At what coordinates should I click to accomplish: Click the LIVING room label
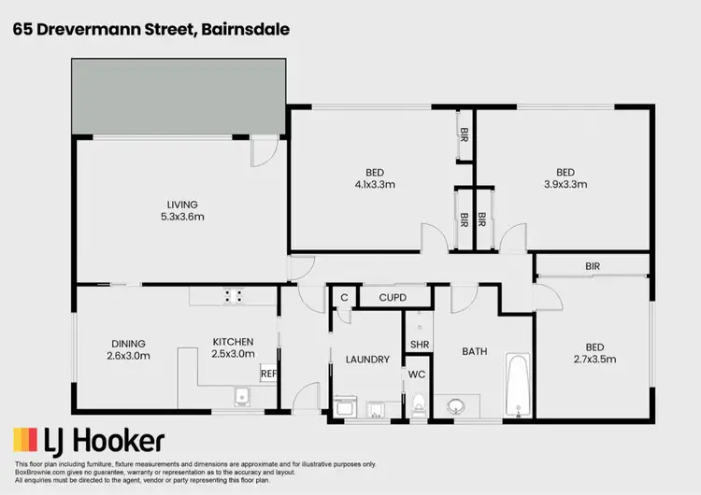(x=182, y=205)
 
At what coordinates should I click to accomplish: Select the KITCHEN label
(x=233, y=342)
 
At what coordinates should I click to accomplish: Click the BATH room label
(x=475, y=351)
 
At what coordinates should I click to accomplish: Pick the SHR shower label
(x=419, y=345)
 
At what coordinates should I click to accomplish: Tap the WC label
(x=417, y=375)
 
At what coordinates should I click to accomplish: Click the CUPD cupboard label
(x=391, y=298)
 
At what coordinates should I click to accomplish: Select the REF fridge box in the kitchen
(x=268, y=374)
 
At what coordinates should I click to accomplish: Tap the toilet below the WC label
(x=418, y=403)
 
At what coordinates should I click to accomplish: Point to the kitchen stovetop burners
(x=234, y=296)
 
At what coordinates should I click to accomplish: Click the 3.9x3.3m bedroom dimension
(x=565, y=185)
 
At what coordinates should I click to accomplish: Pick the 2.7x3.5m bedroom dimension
(x=593, y=358)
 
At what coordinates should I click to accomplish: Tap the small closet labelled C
(x=343, y=298)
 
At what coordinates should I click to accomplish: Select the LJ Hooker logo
(x=89, y=440)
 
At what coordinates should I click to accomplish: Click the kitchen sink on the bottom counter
(x=240, y=398)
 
